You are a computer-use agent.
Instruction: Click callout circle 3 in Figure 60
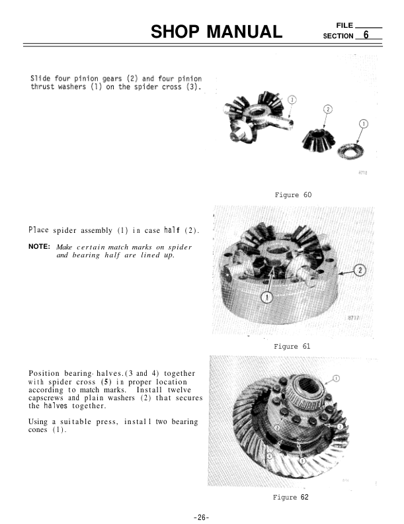[292, 100]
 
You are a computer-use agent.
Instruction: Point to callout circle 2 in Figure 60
[328, 109]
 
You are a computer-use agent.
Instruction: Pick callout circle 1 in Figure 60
[363, 124]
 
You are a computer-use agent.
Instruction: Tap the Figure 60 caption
[292, 195]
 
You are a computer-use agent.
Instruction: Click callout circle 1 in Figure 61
[267, 297]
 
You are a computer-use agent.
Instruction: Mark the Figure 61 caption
[292, 346]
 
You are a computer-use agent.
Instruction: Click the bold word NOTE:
[40, 247]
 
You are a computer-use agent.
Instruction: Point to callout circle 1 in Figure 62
[337, 378]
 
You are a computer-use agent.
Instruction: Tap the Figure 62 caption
[290, 496]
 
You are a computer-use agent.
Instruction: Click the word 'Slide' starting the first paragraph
[42, 79]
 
